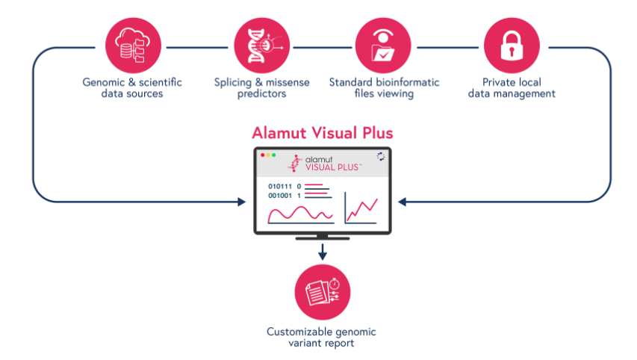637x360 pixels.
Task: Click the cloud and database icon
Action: (133, 45)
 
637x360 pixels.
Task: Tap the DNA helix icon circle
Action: (262, 45)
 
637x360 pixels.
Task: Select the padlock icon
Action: (512, 45)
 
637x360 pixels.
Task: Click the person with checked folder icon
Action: (383, 45)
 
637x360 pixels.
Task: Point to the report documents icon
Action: (323, 292)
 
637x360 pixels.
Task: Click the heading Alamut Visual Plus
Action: (323, 133)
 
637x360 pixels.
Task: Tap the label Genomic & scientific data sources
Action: (132, 88)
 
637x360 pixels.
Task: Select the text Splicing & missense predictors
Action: (261, 88)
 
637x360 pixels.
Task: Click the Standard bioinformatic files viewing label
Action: (384, 88)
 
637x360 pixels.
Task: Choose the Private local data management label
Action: (512, 88)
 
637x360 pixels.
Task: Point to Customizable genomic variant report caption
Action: (321, 338)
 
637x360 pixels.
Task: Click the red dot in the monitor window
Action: (262, 155)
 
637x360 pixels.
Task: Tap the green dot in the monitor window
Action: (273, 155)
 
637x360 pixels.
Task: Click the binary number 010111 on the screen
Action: (280, 187)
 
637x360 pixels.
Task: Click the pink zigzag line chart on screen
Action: (362, 209)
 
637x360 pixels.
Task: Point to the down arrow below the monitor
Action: (323, 252)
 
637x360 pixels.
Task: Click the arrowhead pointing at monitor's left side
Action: (242, 202)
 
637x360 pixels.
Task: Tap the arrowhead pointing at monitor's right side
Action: (403, 202)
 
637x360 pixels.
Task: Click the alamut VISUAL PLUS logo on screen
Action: (324, 164)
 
